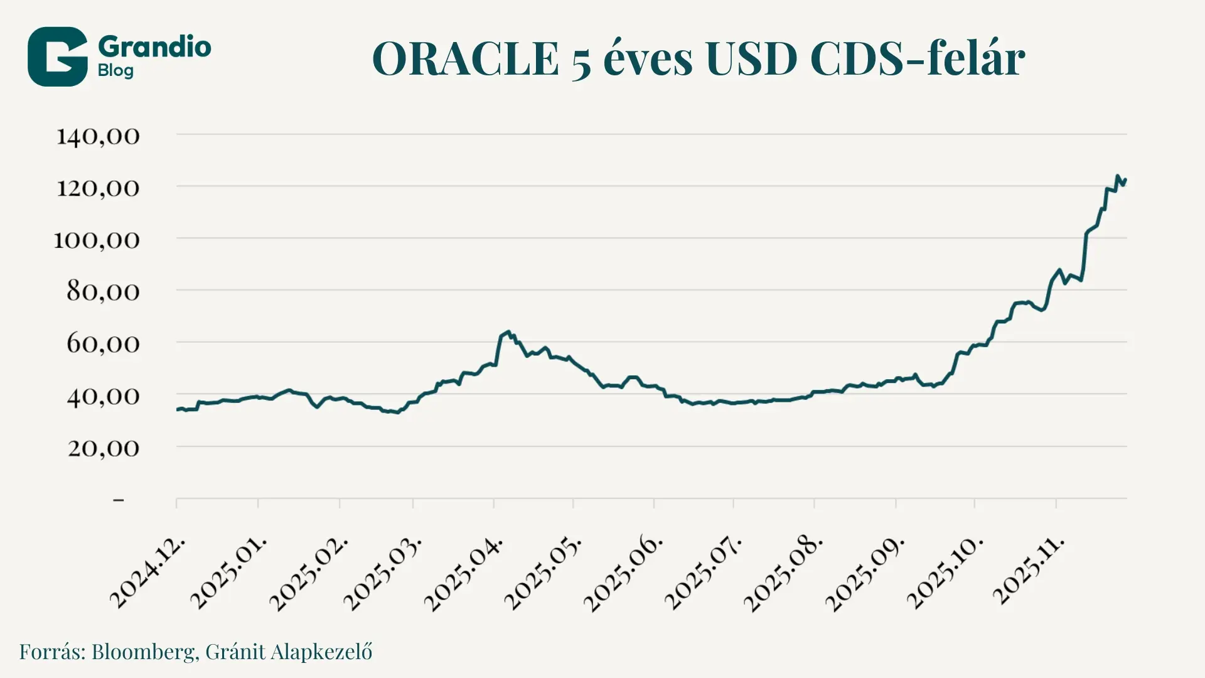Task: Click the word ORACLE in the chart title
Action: coord(465,59)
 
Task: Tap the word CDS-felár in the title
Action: coord(917,59)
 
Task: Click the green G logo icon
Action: coord(57,56)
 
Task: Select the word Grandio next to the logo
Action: coord(154,47)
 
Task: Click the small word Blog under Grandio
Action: coord(115,70)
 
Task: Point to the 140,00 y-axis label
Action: coord(98,136)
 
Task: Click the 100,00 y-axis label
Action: coord(96,240)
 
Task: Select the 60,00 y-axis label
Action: coord(103,343)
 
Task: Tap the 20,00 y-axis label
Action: coord(104,448)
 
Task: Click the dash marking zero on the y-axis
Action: coord(119,500)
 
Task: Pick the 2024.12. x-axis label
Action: coord(148,573)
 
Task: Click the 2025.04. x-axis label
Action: coord(464,573)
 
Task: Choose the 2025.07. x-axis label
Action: coord(703,573)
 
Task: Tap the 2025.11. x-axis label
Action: coord(1029,570)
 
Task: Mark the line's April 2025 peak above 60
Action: coord(508,332)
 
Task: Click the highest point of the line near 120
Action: coord(1117,176)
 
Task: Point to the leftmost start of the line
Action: coord(178,410)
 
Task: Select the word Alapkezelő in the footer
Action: coord(321,652)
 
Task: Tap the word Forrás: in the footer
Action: coord(52,652)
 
